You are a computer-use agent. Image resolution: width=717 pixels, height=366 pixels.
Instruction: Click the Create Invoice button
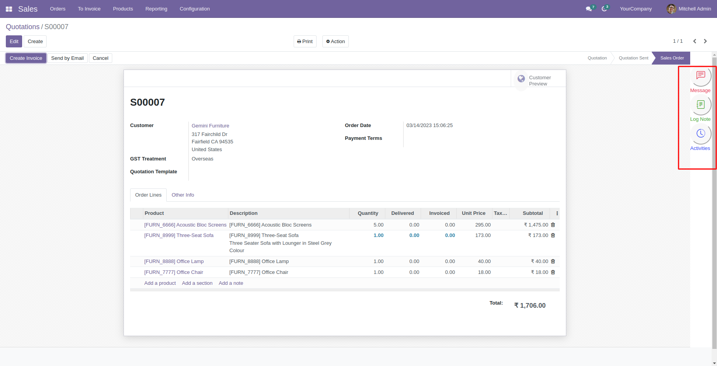tap(26, 58)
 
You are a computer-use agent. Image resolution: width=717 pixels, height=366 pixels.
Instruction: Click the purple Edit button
tap(14, 42)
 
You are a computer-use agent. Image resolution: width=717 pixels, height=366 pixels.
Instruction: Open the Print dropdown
tap(305, 42)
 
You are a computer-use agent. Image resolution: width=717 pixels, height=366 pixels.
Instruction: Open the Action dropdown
tap(336, 42)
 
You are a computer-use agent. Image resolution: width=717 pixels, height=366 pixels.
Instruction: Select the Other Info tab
tap(183, 195)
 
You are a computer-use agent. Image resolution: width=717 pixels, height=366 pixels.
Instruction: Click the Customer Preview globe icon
tap(521, 78)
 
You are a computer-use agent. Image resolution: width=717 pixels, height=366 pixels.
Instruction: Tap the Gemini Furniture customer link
tap(210, 126)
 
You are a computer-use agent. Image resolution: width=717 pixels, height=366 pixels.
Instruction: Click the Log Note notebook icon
tap(700, 105)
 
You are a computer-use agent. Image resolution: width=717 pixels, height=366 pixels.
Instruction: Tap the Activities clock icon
tap(700, 134)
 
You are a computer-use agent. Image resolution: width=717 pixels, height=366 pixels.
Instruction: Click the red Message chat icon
tap(700, 75)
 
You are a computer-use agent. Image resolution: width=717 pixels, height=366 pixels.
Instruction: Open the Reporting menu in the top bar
tap(156, 9)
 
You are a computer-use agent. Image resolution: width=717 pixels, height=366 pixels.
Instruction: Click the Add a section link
tap(197, 283)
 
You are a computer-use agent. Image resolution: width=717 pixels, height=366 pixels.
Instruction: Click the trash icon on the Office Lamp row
tap(553, 261)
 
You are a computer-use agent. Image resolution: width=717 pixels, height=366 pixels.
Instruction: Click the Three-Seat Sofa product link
tap(179, 235)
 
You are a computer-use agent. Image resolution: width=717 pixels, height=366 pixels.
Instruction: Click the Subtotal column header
tap(533, 213)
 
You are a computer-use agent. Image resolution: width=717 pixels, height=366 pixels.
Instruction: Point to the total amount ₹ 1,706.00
tap(530, 306)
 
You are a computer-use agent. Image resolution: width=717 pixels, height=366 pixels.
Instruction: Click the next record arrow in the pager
tap(705, 41)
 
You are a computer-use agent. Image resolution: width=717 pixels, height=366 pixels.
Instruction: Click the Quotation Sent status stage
tap(633, 58)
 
